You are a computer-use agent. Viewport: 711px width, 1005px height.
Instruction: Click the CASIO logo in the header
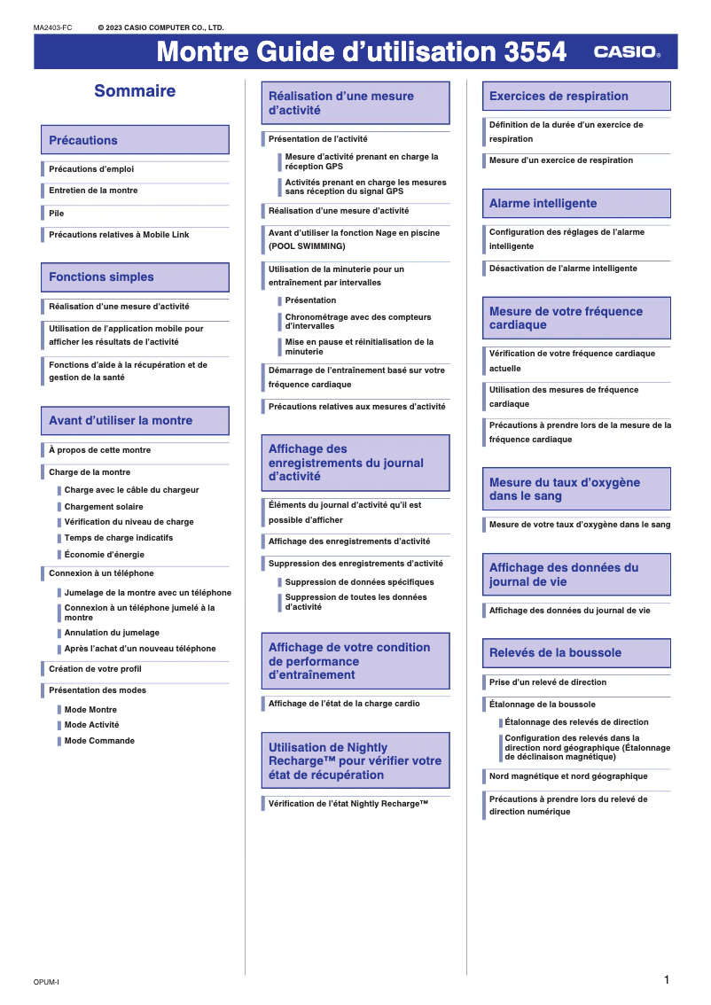pyautogui.click(x=627, y=52)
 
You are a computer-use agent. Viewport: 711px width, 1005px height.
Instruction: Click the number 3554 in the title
pyautogui.click(x=535, y=52)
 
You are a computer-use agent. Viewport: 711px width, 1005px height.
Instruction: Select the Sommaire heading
pyautogui.click(x=135, y=90)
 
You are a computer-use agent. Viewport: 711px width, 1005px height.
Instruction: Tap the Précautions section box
pyautogui.click(x=135, y=140)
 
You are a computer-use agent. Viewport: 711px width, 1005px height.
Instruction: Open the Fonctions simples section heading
pyautogui.click(x=135, y=277)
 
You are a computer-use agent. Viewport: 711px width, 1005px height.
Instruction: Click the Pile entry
pyautogui.click(x=57, y=214)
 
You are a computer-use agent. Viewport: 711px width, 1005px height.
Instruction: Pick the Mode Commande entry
pyautogui.click(x=99, y=741)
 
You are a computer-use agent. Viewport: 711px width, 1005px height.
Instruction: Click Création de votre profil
pyautogui.click(x=95, y=669)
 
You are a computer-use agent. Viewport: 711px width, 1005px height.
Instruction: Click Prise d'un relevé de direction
pyautogui.click(x=548, y=682)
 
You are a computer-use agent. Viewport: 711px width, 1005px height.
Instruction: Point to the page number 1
pyautogui.click(x=666, y=979)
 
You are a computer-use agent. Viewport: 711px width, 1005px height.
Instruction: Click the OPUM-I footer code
pyautogui.click(x=46, y=982)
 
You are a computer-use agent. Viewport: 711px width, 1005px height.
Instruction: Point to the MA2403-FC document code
pyautogui.click(x=52, y=28)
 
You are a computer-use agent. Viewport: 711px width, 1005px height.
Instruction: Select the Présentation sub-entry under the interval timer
pyautogui.click(x=310, y=300)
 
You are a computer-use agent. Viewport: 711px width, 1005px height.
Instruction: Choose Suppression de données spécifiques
pyautogui.click(x=359, y=582)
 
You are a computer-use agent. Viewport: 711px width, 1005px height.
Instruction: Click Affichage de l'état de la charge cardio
pyautogui.click(x=344, y=704)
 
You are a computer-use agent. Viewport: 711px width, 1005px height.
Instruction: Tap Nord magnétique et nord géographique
pyautogui.click(x=568, y=776)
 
